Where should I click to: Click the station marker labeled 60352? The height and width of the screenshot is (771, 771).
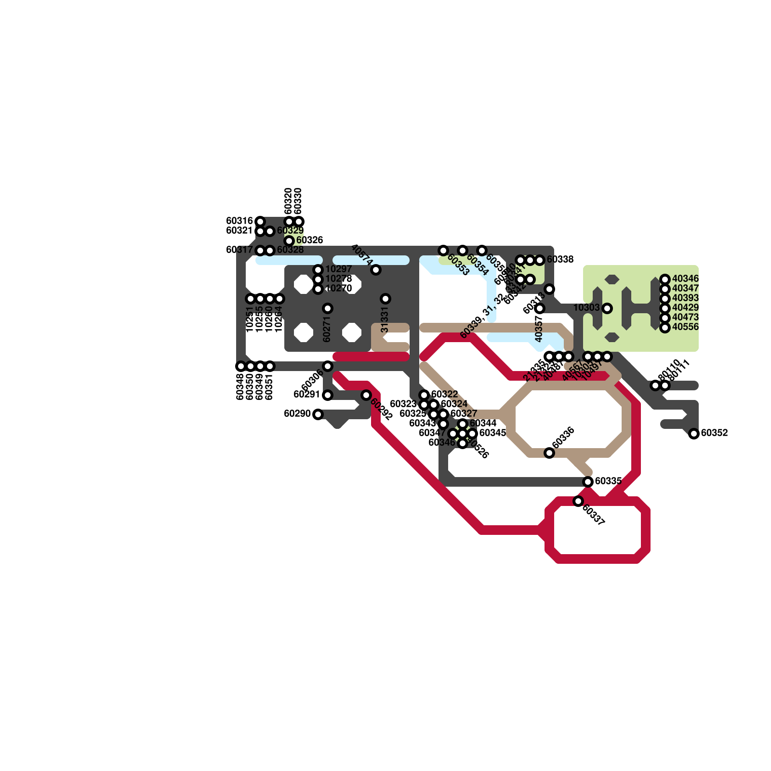coord(694,434)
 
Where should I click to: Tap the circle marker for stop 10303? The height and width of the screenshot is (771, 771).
coord(607,308)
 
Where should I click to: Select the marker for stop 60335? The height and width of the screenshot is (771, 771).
coord(588,482)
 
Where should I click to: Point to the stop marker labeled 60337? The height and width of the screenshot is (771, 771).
coord(578,501)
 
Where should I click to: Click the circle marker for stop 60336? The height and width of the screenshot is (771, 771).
coord(549,453)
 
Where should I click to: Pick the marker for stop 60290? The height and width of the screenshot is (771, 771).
coord(318,414)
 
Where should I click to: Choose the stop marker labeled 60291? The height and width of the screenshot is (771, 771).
coord(328,395)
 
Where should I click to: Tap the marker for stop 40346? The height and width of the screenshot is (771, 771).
coord(665,279)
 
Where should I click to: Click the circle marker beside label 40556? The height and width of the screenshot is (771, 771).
coord(665,328)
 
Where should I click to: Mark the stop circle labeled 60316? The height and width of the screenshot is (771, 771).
coord(260,222)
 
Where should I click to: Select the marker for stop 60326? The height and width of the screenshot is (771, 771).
coord(289,241)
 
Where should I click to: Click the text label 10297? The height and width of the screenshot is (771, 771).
coord(339,269)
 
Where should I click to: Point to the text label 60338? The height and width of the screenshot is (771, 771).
coord(560,260)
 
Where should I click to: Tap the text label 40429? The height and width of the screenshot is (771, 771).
coord(686,307)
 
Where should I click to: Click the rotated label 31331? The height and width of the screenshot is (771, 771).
coord(385,321)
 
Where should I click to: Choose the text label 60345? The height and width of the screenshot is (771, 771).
coord(493,433)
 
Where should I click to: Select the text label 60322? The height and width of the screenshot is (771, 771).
coord(445,394)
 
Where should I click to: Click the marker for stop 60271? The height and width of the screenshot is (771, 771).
coord(328,308)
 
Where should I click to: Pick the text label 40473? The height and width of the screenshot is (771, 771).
coord(686,317)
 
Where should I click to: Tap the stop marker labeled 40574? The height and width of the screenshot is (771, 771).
coord(376,270)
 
